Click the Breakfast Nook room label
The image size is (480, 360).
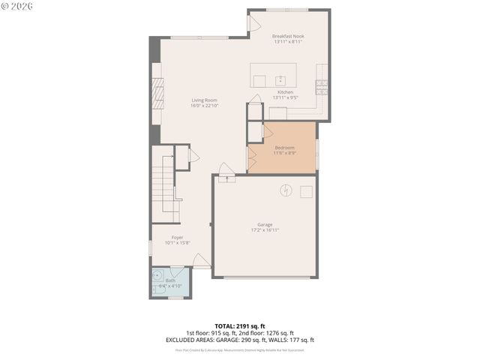(287, 36)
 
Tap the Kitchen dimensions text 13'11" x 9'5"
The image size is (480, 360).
(285, 97)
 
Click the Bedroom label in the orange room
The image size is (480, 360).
(284, 148)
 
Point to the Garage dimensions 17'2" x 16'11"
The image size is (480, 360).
(265, 230)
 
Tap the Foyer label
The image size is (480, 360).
(177, 238)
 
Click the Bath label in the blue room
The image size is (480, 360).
(170, 280)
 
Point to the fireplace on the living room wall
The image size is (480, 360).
(157, 94)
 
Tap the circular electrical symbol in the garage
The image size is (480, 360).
(285, 190)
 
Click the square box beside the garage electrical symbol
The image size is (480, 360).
(306, 191)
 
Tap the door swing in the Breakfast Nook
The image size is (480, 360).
(253, 24)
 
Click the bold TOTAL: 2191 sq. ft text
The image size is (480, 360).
(240, 326)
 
